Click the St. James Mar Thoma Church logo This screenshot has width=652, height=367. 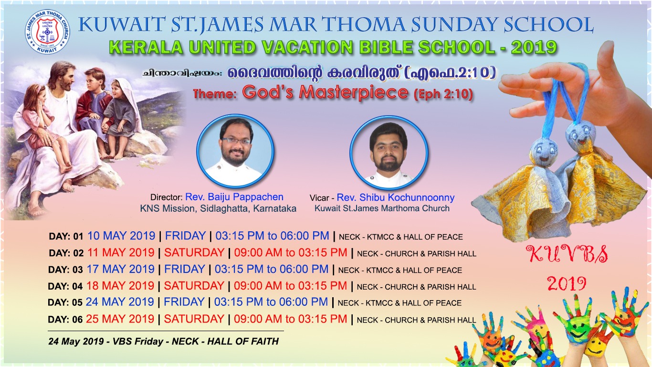pyautogui.click(x=47, y=32)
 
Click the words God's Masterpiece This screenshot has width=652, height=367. pyautogui.click(x=325, y=92)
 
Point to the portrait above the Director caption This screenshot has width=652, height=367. pyautogui.click(x=235, y=151)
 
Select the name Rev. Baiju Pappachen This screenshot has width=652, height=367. pyautogui.click(x=234, y=197)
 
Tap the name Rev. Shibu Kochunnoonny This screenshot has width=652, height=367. pyautogui.click(x=396, y=198)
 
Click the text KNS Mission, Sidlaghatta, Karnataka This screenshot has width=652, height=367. pyautogui.click(x=218, y=208)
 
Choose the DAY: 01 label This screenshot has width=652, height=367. pyautogui.click(x=66, y=237)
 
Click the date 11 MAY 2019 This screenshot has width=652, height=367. pyautogui.click(x=121, y=252)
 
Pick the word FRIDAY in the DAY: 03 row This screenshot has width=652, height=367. pyautogui.click(x=185, y=269)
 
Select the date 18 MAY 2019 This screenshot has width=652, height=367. pyautogui.click(x=120, y=286)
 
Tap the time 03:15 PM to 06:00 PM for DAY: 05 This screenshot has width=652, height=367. pyautogui.click(x=271, y=302)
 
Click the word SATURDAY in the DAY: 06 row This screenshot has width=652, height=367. pyautogui.click(x=194, y=319)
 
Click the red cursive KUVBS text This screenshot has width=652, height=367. pyautogui.click(x=568, y=254)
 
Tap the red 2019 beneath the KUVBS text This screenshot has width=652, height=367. pyautogui.click(x=567, y=284)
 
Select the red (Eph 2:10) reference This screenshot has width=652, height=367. pyautogui.click(x=443, y=94)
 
